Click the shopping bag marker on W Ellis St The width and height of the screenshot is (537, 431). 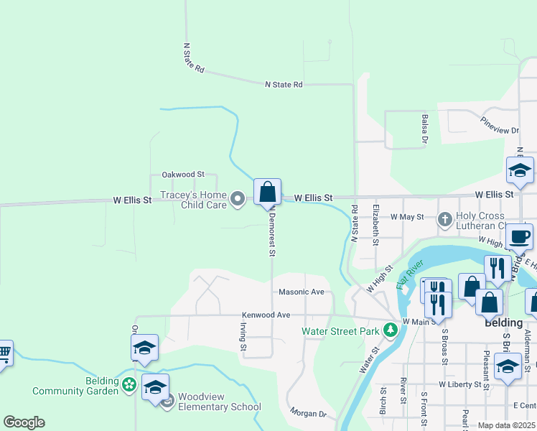[267, 193]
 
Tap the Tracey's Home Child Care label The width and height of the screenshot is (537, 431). [193, 200]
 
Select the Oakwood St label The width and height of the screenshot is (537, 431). [183, 175]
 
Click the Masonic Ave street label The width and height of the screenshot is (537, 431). [302, 292]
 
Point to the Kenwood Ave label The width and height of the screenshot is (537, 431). [266, 315]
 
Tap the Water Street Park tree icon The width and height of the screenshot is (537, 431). [391, 330]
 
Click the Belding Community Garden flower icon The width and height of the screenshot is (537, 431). [129, 385]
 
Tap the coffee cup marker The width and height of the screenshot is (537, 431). [519, 236]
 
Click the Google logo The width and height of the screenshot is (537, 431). [24, 422]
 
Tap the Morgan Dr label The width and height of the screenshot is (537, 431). [308, 414]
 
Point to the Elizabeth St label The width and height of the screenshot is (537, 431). [375, 224]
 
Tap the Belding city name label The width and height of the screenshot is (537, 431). [503, 323]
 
